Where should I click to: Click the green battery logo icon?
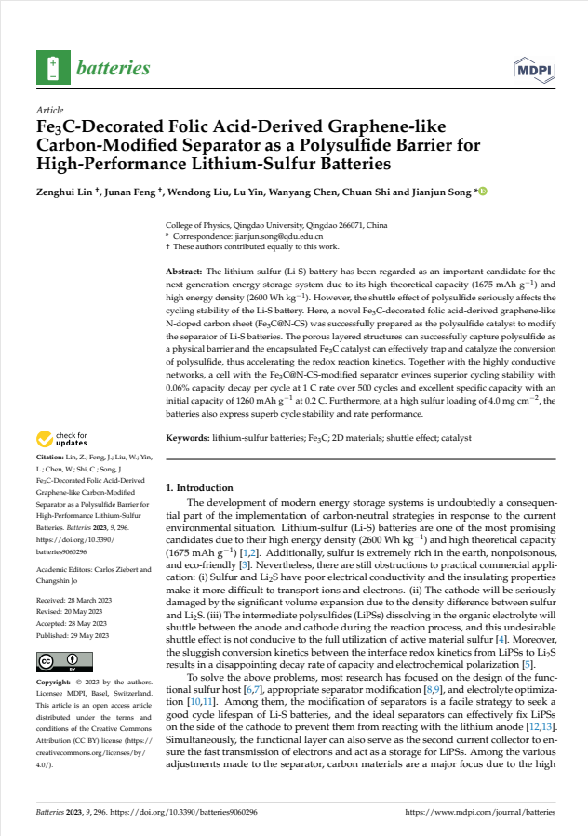click(52, 68)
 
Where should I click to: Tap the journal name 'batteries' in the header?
click(114, 68)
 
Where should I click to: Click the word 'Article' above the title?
click(49, 110)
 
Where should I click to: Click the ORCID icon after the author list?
click(483, 192)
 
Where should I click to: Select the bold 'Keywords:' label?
click(189, 437)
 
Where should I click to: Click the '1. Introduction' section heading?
click(199, 487)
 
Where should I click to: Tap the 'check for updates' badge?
click(63, 439)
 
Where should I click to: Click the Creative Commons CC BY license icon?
click(57, 662)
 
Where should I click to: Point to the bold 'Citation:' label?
click(52, 458)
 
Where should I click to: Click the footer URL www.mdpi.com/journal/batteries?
click(480, 812)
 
